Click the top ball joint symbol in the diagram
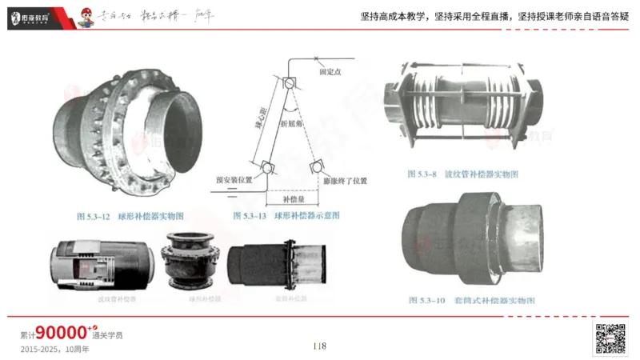(289, 82)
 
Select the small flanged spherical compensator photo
(191, 262)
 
